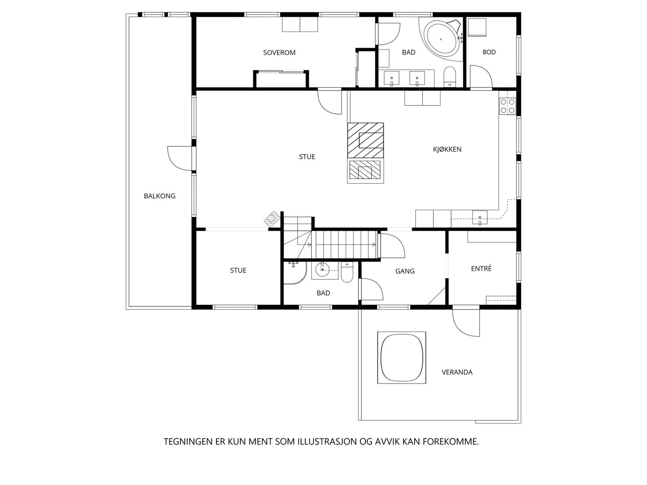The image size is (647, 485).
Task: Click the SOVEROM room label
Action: (279, 53)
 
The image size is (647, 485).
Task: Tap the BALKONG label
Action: (159, 196)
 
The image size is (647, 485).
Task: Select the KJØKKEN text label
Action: (447, 149)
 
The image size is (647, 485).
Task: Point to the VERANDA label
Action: (457, 372)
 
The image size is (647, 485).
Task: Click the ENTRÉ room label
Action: (481, 268)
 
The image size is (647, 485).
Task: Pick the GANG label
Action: (405, 271)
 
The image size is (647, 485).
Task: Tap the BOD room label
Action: (489, 52)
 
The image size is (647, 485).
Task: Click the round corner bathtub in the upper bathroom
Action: (441, 38)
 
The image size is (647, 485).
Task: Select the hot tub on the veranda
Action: (402, 358)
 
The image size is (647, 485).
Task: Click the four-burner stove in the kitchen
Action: (507, 106)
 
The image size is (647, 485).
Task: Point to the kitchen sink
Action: (480, 218)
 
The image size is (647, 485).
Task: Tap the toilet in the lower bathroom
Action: (347, 272)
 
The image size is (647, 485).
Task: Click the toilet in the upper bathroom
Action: (450, 77)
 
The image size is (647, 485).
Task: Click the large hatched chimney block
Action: (366, 141)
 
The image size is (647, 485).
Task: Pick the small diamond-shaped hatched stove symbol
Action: (272, 219)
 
